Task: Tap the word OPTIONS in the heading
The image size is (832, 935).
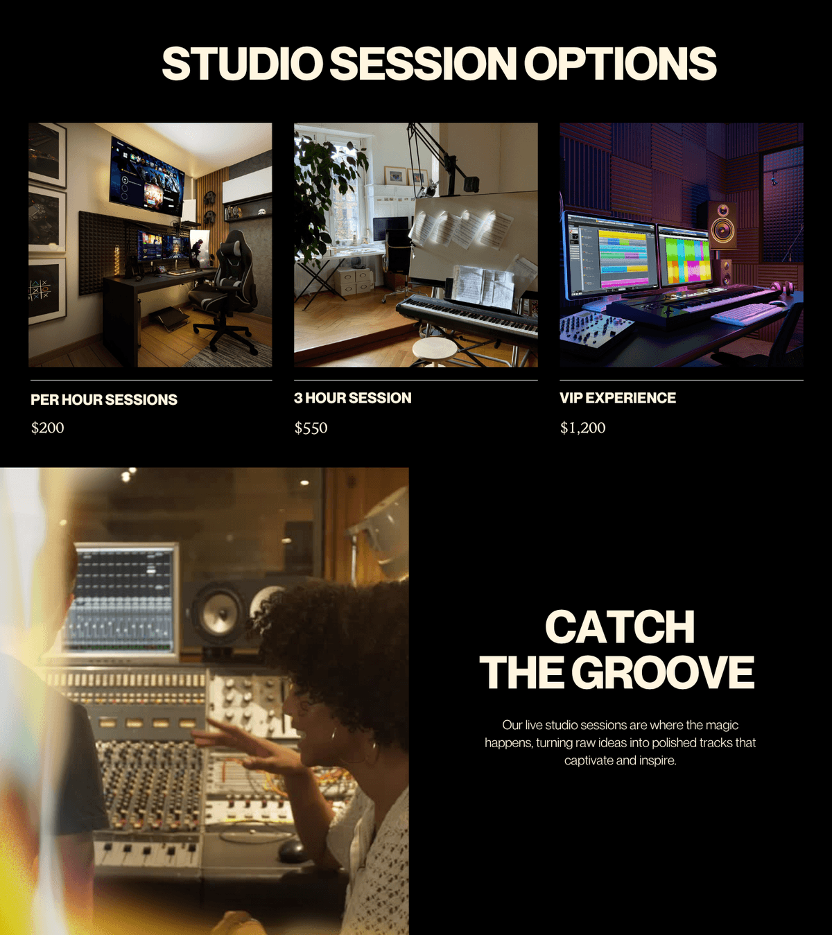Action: tap(620, 64)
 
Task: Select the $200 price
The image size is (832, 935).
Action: tap(48, 428)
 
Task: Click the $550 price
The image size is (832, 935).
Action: tap(311, 428)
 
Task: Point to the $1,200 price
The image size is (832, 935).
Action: tap(582, 428)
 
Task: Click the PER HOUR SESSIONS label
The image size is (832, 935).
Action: tap(104, 400)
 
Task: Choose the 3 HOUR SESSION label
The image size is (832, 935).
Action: tap(352, 398)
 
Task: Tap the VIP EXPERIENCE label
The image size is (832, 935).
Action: tap(618, 398)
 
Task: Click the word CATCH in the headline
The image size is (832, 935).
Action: tap(620, 627)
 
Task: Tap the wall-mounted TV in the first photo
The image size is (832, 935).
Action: tap(147, 176)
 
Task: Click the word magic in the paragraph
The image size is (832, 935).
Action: tap(722, 725)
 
